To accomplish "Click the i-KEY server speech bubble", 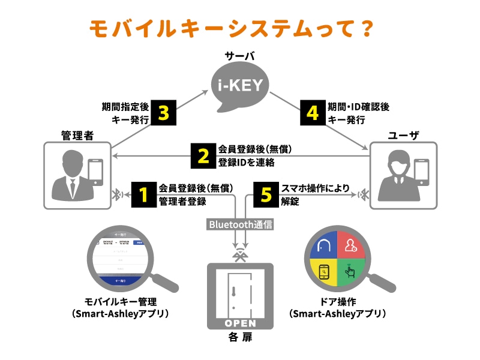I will pos(239,86).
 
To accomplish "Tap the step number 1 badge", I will pos(143,194).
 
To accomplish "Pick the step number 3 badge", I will pos(164,112).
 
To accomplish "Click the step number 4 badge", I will pos(313,112).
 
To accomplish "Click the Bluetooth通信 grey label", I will pos(240,224).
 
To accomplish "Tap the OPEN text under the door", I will pos(240,323).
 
